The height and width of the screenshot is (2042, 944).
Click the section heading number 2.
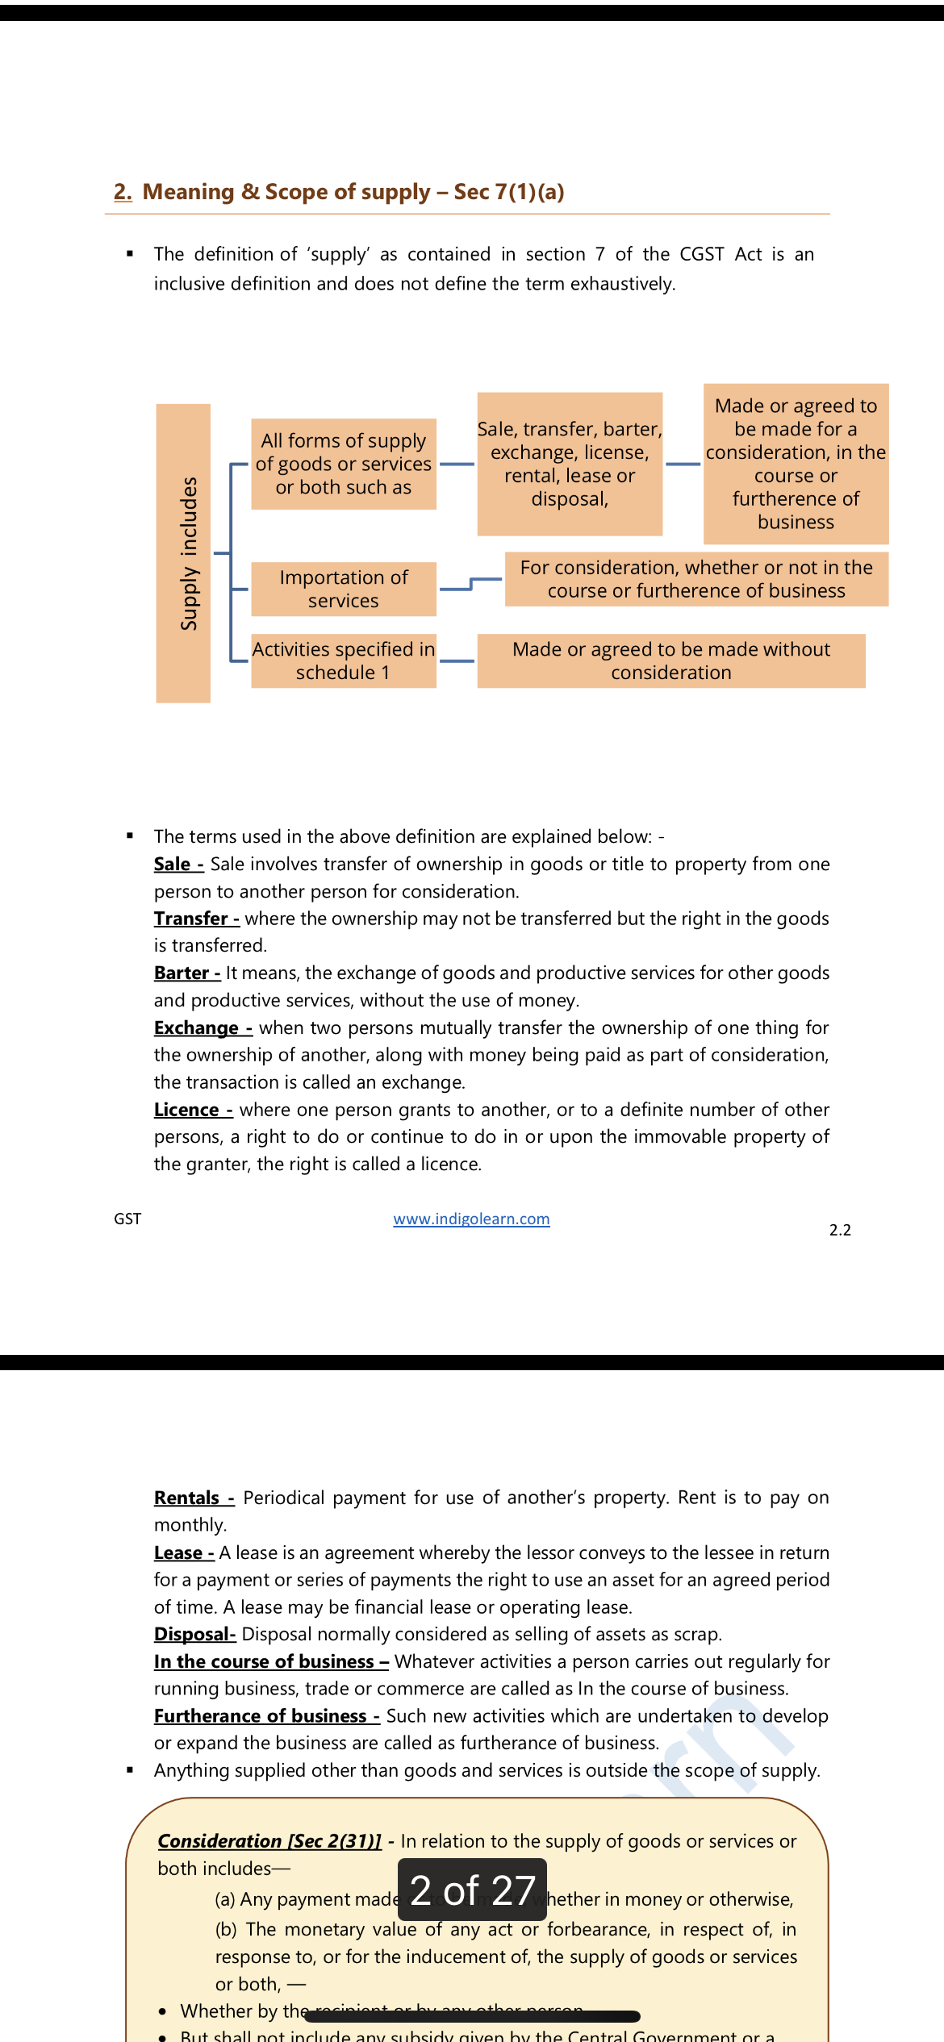coord(123,192)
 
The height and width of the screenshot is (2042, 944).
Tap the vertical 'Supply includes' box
coord(183,553)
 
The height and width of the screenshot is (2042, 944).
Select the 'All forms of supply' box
coord(344,464)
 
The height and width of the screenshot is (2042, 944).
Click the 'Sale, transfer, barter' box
coord(570,464)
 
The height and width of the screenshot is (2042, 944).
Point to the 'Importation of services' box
coord(344,589)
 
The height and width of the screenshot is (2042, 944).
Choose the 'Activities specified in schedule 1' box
coord(344,661)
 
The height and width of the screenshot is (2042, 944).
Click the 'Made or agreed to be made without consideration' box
coord(671,661)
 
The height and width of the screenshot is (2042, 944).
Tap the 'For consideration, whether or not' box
coord(696,579)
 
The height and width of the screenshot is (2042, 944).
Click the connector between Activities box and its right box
coord(457,661)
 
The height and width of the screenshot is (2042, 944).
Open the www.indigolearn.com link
coord(471,1219)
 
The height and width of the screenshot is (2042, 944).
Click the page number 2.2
coord(840,1230)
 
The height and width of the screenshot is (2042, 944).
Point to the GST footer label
coord(127,1219)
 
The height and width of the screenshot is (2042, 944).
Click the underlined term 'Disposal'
coord(194,1634)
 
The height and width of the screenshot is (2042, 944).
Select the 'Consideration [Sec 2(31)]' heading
coord(269,1841)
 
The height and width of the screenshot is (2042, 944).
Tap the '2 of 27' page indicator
coord(472,1890)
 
